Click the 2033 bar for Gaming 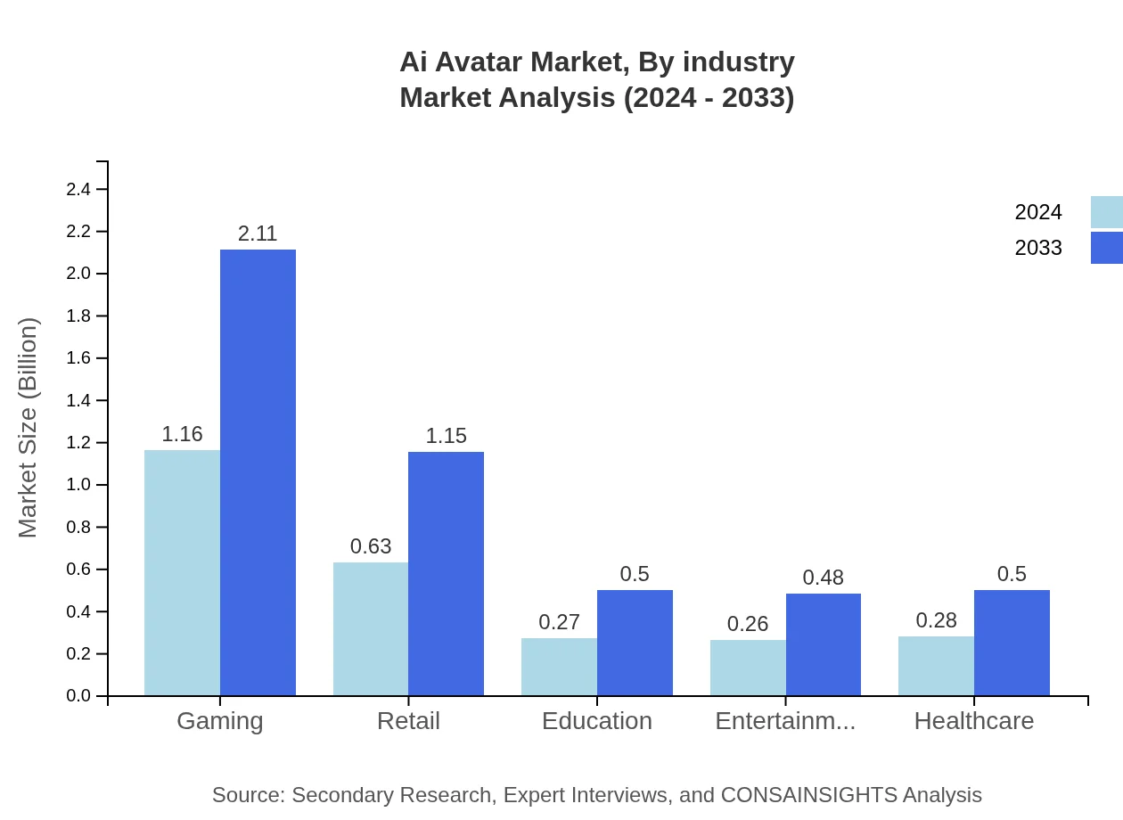(x=258, y=472)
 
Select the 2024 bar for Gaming (x=182, y=572)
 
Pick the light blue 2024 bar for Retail (x=371, y=628)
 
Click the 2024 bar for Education (x=559, y=667)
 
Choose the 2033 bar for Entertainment (x=824, y=644)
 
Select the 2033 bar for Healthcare (x=1012, y=643)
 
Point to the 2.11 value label (x=258, y=234)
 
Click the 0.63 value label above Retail (x=371, y=547)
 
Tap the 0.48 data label (x=823, y=578)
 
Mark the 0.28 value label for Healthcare (x=936, y=620)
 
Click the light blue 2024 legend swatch (x=1106, y=212)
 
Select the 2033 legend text (x=1038, y=248)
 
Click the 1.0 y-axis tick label (x=79, y=485)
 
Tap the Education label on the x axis (x=597, y=721)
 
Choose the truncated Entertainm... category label (x=785, y=721)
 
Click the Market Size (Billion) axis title (x=29, y=428)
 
